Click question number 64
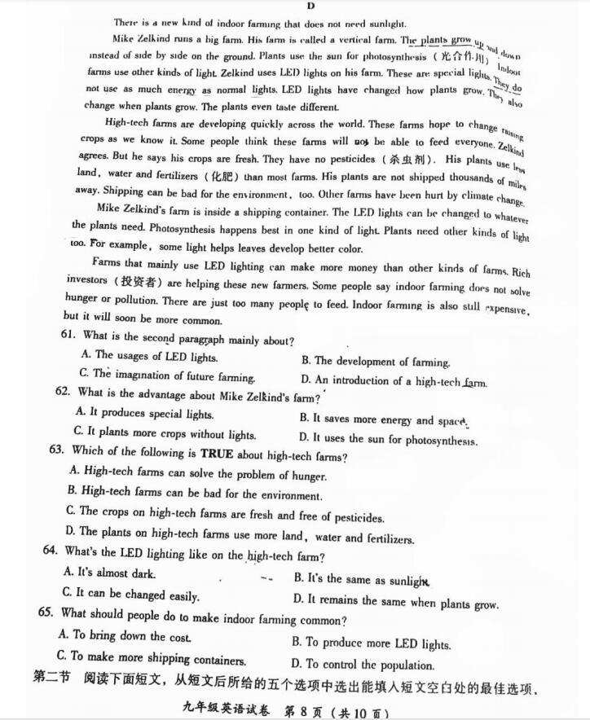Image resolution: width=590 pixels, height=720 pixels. coord(51,551)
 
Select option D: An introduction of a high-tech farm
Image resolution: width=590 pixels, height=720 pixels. coord(394,381)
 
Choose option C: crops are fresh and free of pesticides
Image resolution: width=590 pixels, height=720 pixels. coord(226,516)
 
